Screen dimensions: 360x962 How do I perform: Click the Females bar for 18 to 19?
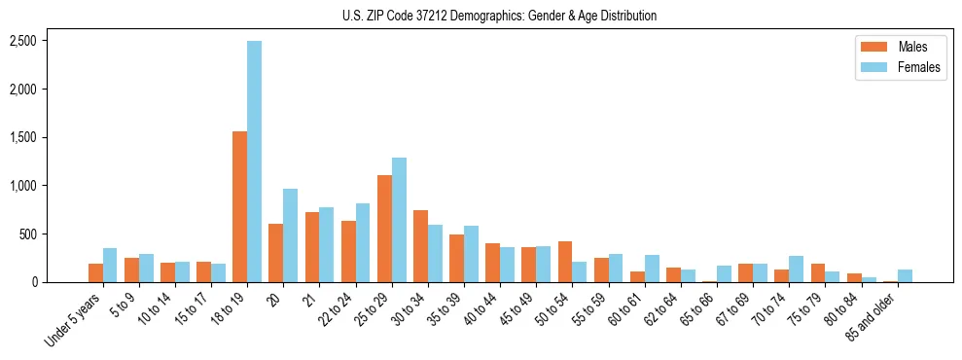[254, 162]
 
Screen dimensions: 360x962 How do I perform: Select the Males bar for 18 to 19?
[239, 206]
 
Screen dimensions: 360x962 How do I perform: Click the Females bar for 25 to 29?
[399, 220]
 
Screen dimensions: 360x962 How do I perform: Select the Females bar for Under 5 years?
[110, 265]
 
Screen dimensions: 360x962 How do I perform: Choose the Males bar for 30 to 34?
[420, 246]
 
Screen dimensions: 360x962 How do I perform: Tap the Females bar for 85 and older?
[905, 275]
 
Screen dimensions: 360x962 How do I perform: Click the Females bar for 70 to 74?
[797, 269]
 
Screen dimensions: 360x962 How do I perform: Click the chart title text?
[499, 16]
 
